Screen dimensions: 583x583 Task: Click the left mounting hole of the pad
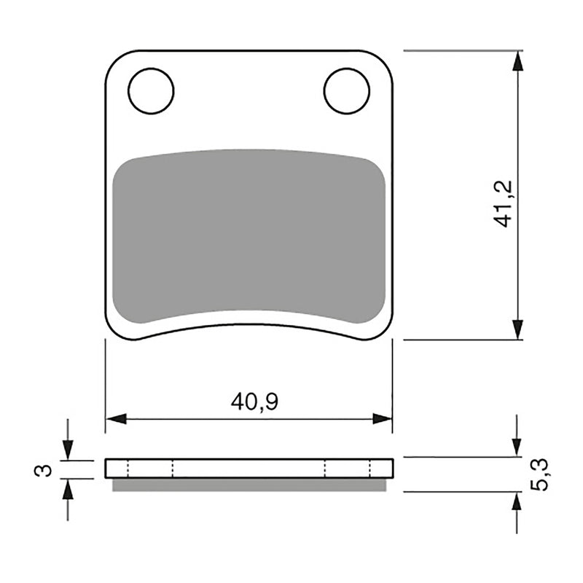(x=151, y=91)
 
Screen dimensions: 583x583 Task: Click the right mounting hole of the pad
(x=347, y=91)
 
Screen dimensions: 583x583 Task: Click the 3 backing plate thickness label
(x=44, y=471)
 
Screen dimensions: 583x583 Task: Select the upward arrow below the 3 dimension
(x=68, y=489)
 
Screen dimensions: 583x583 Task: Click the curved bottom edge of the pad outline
(x=249, y=327)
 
